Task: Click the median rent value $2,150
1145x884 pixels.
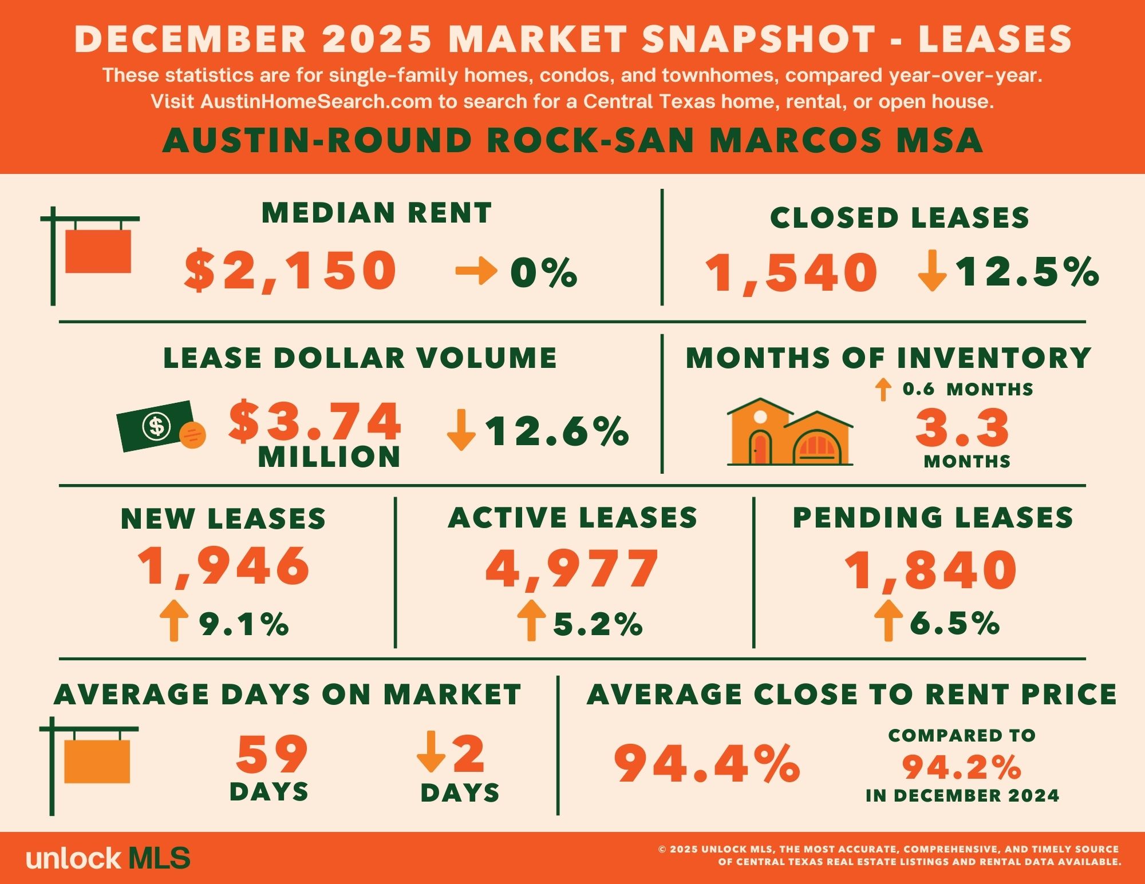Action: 290,271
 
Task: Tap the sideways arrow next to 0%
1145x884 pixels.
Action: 476,271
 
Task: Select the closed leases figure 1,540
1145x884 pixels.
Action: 791,273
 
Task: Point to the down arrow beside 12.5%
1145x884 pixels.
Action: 932,270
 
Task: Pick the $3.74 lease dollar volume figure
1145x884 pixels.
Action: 315,422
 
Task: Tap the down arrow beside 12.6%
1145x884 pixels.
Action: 461,430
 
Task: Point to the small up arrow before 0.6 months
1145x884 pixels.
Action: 883,390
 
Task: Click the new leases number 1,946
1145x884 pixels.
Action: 224,566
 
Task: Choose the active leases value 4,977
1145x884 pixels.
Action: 572,569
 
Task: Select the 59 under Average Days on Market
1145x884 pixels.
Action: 271,755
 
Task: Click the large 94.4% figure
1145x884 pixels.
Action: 706,763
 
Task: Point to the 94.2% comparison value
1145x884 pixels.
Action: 962,767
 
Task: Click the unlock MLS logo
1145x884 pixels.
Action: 108,858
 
